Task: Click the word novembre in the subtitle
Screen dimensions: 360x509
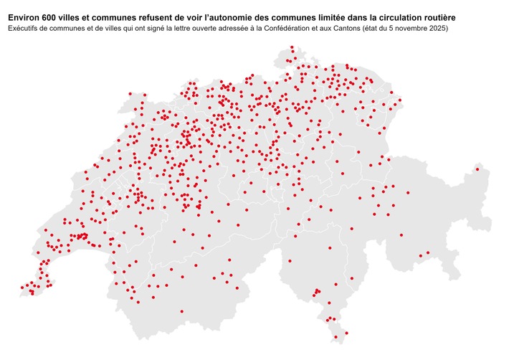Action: (429, 28)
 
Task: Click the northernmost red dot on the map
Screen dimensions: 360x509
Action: (292, 47)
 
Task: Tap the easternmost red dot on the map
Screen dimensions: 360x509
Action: (477, 170)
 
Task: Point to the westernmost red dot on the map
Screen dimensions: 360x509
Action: (22, 287)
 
